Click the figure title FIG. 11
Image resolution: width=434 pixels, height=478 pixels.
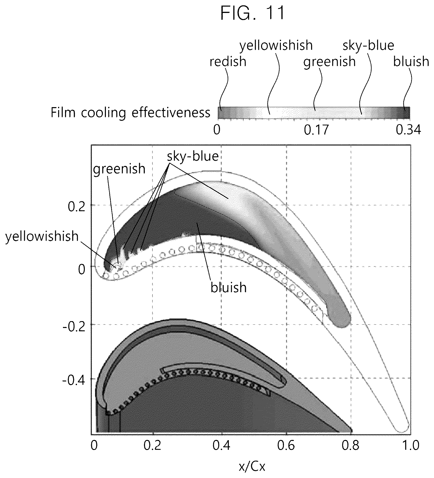point(252,13)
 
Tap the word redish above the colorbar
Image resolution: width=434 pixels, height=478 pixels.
point(228,61)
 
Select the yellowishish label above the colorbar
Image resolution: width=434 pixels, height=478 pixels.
point(276,46)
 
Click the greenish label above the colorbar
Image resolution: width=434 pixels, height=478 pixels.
point(329,62)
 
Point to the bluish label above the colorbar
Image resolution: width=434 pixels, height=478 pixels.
point(411,61)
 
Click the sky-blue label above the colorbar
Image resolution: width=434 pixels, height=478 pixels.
point(368,46)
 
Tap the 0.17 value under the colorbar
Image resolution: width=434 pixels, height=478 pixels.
point(316,130)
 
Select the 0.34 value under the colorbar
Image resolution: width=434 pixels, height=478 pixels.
point(408,130)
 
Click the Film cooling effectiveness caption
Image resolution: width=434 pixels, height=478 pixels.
point(131,112)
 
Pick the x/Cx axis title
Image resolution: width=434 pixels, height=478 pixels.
point(252,466)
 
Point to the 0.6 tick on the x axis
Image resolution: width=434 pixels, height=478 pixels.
point(286,446)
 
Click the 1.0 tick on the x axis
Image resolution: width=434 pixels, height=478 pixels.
point(410,446)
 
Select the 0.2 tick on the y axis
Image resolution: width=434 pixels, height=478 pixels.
point(76,207)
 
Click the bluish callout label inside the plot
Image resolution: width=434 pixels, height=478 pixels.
point(229,288)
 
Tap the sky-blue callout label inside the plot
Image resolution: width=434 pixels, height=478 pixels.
point(193,156)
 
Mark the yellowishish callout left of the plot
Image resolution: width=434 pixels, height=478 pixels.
point(42,236)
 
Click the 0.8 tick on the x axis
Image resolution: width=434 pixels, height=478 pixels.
point(350,446)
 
